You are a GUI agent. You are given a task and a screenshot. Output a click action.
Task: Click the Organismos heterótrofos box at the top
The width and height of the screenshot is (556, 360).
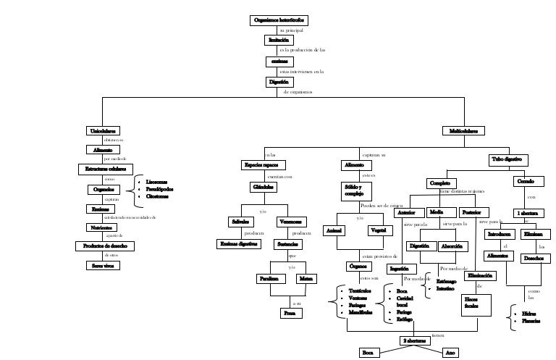[x=278, y=20]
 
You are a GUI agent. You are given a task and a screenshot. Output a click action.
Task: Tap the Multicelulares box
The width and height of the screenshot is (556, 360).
[x=463, y=131]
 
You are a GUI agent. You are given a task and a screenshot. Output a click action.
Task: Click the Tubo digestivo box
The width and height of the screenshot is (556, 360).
[x=509, y=159]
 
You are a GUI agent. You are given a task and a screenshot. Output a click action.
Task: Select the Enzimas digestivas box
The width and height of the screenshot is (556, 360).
[x=239, y=244]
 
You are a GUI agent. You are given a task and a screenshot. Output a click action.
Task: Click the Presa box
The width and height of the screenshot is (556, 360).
[x=292, y=314]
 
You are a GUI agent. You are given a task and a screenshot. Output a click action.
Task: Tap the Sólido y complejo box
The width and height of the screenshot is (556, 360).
[x=355, y=191]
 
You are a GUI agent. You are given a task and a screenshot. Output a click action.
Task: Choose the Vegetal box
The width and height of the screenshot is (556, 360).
[x=376, y=230]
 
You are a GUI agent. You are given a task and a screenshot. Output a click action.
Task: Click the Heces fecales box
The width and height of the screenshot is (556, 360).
[x=471, y=302]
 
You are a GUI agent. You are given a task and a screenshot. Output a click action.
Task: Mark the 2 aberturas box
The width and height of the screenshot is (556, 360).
[x=414, y=340]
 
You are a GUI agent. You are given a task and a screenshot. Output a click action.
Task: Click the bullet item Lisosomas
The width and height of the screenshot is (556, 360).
[x=157, y=182]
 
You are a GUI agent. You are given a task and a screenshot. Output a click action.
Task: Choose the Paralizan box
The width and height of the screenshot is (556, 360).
[x=269, y=278]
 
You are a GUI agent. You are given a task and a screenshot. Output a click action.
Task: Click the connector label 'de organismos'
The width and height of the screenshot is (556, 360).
[x=298, y=92]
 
